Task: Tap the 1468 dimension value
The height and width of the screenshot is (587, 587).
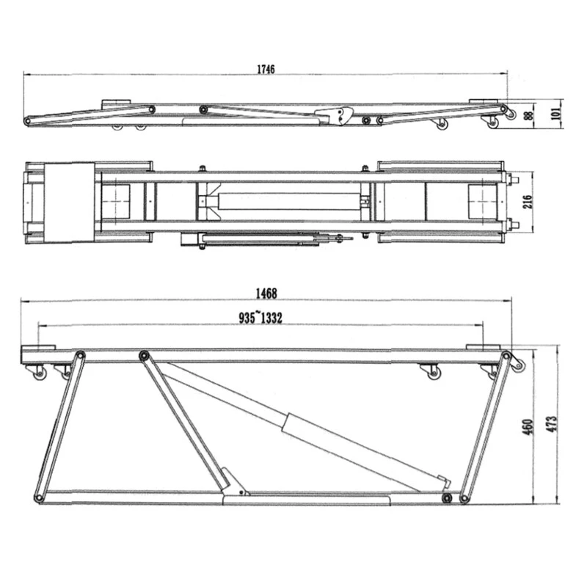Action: pos(266,293)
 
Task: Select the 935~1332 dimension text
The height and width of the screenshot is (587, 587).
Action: pos(260,318)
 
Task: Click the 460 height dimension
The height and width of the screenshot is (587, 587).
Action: pos(527,427)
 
